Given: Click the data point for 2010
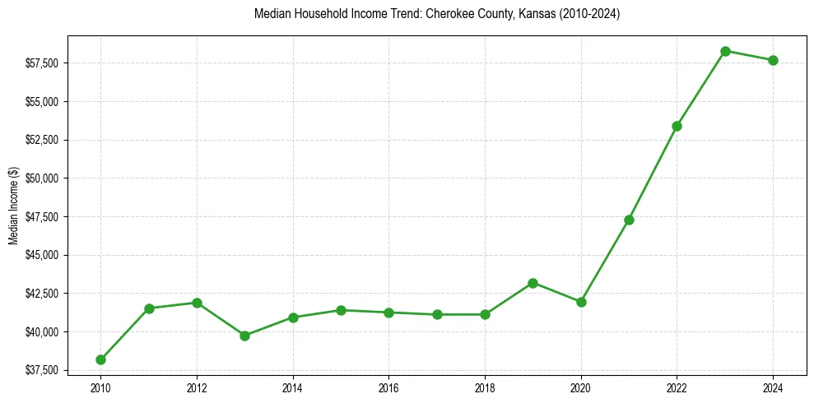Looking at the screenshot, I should [100, 359].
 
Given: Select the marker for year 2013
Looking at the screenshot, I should [244, 336].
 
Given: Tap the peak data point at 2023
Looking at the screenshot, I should [725, 51].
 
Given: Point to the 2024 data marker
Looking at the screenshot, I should [773, 60].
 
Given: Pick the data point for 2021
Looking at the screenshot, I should [629, 220].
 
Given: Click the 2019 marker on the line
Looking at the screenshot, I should [533, 283].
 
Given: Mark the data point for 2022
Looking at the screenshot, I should [677, 126].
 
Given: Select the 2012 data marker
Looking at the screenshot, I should [197, 303].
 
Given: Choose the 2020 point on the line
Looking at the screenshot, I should [581, 302].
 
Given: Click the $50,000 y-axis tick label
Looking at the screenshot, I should [41, 178].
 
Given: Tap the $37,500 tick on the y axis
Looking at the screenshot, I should [41, 370].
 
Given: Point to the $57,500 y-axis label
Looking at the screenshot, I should [41, 63].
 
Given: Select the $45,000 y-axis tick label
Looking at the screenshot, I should [41, 255].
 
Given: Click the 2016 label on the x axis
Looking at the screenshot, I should [388, 387].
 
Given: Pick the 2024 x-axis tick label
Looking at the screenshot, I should [773, 387].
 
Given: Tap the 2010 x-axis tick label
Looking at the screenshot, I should [100, 387].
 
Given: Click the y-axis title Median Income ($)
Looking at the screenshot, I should [13, 206].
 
